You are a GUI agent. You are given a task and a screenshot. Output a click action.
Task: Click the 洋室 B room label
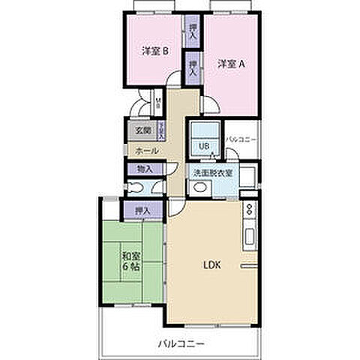155,52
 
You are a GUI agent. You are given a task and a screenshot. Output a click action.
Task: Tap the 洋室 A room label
232,64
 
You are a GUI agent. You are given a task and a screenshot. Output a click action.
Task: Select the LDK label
210,264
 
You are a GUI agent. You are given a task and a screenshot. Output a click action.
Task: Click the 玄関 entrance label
142,129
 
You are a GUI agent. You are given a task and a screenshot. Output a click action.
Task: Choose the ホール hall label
147,150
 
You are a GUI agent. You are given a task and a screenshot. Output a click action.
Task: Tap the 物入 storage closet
145,169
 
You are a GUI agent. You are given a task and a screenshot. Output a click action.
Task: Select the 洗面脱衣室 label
212,172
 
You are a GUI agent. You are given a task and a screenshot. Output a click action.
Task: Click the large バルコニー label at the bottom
178,343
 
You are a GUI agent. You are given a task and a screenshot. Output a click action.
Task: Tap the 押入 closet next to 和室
141,211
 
